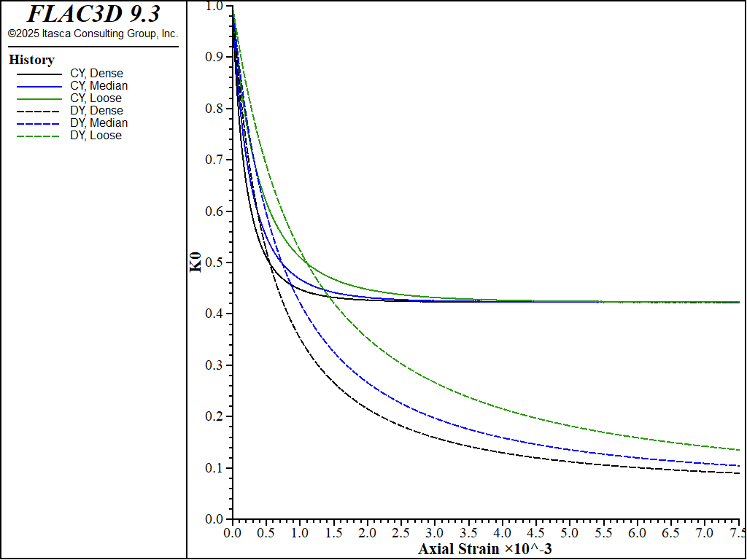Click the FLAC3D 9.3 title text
point(93,14)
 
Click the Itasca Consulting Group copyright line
point(93,34)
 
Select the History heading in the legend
point(31,60)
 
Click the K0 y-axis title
point(196,262)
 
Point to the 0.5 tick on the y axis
point(214,262)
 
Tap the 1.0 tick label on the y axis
point(214,6)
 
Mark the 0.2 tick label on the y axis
point(214,416)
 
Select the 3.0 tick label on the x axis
point(435,533)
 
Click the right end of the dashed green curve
point(739,450)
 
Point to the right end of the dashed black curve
point(739,473)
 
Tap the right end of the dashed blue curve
point(739,466)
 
